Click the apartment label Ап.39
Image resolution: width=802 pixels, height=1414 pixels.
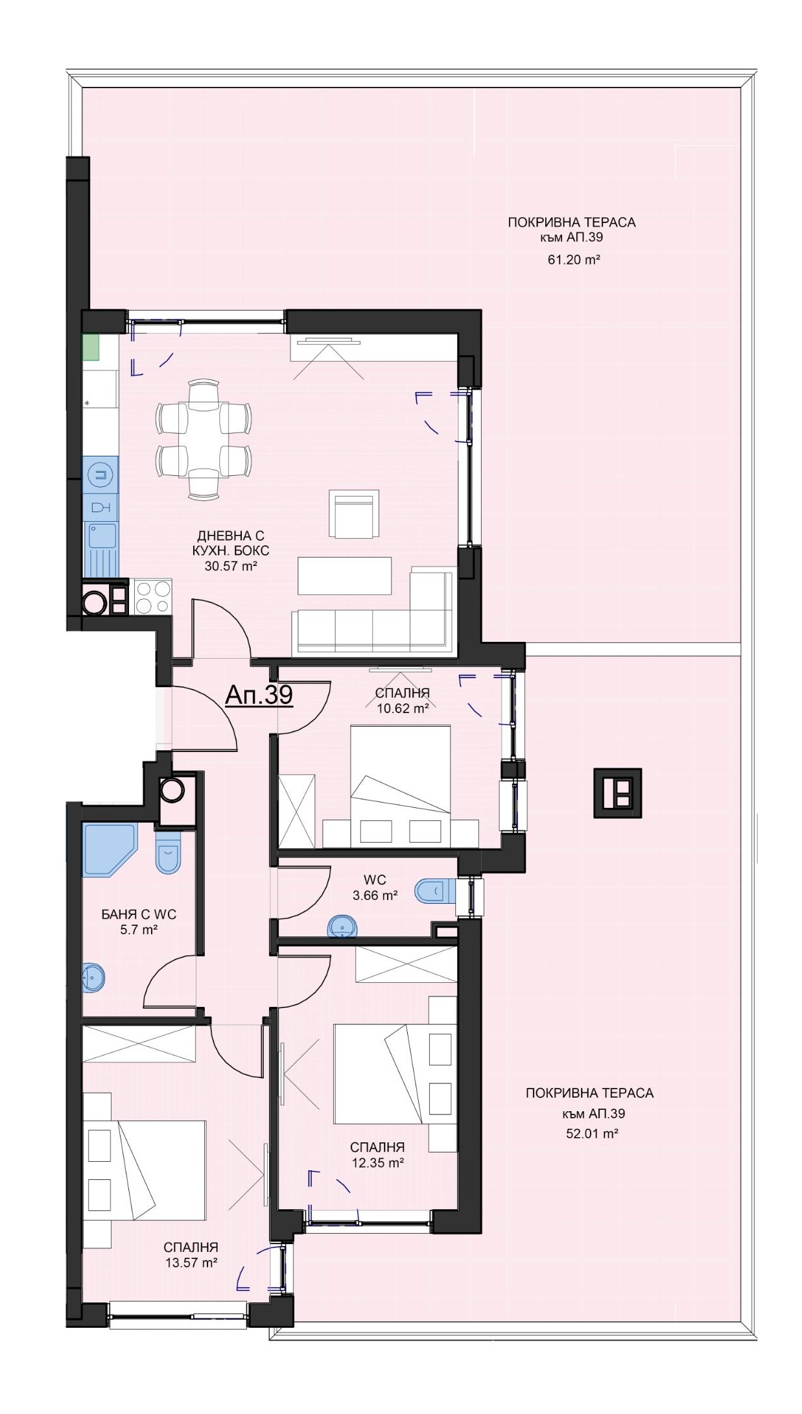pyautogui.click(x=259, y=695)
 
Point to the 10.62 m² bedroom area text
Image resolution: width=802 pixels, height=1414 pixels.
pyautogui.click(x=403, y=708)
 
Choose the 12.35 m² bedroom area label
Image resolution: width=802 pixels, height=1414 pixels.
pyautogui.click(x=377, y=1162)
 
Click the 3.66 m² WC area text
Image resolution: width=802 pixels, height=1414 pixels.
pyautogui.click(x=375, y=895)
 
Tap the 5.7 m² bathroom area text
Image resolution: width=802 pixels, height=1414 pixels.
pyautogui.click(x=139, y=929)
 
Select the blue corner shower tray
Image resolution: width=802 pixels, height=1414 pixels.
pyautogui.click(x=108, y=850)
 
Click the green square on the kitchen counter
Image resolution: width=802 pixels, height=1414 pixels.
pyautogui.click(x=91, y=346)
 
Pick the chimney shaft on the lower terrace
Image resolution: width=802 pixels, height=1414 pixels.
pyautogui.click(x=617, y=793)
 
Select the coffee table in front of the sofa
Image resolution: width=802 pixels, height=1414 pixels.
pyautogui.click(x=345, y=575)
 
